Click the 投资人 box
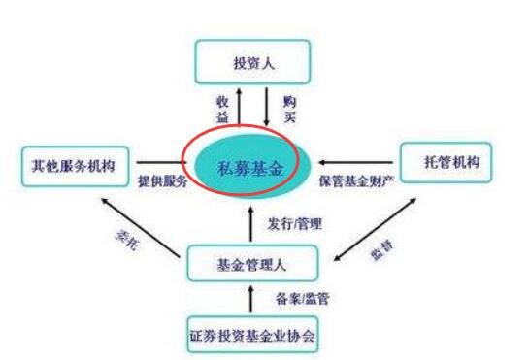pyautogui.click(x=254, y=63)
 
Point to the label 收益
pyautogui.click(x=220, y=109)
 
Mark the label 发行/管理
pyautogui.click(x=294, y=223)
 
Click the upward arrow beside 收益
pyautogui.click(x=240, y=107)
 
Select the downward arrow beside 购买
pyautogui.click(x=266, y=107)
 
